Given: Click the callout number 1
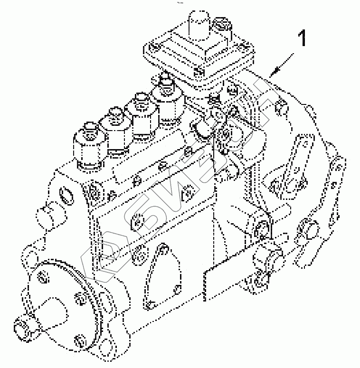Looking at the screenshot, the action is coord(302,38).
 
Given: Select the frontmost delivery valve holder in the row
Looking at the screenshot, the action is coord(89,147).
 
